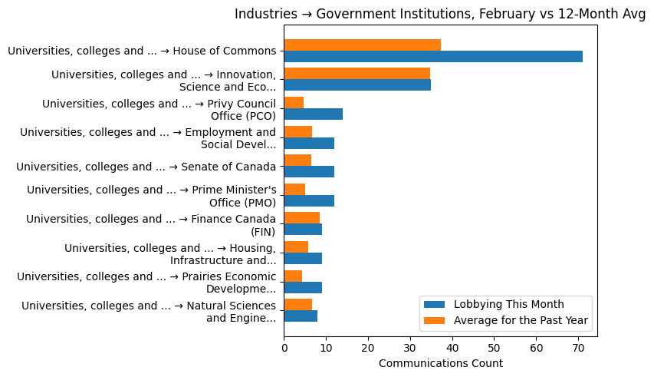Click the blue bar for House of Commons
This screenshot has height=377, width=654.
(433, 56)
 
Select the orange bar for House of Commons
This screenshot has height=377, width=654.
(362, 45)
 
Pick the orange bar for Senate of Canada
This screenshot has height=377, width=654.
(297, 160)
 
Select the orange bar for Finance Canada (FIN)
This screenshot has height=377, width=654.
(301, 218)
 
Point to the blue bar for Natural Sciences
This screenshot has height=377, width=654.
(301, 316)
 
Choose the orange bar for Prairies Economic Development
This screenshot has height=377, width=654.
(293, 276)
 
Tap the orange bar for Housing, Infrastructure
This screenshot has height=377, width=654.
(296, 246)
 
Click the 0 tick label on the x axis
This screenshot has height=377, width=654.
(284, 347)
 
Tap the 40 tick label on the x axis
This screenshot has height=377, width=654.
(452, 347)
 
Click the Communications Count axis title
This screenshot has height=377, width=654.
(440, 363)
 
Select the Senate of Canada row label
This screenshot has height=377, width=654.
(146, 167)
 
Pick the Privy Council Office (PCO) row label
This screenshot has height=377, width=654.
(159, 110)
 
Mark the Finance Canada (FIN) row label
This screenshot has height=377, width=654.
(151, 225)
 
